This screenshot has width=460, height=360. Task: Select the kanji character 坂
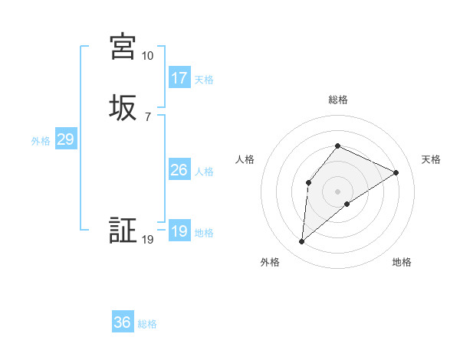pos(123,106)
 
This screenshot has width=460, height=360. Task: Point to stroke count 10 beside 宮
pos(147,56)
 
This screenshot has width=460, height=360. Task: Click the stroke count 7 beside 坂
pos(147,116)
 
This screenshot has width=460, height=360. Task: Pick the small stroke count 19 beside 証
pos(148,241)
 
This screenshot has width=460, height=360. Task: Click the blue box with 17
pos(179,78)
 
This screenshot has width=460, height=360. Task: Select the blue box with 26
pos(179,170)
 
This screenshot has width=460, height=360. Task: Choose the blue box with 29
pos(65,139)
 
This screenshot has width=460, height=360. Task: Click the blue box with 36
pos(123,322)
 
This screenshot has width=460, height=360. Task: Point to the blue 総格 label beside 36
pos(147,324)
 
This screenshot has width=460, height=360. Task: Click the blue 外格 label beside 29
pos(41,141)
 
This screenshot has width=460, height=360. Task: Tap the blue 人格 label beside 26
pos(204,172)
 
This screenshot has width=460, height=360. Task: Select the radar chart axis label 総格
pos(337,100)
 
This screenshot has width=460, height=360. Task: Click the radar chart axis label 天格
pos(431,159)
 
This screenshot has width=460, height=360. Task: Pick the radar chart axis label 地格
pos(402,263)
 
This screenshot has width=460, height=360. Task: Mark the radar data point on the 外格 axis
pos(302,242)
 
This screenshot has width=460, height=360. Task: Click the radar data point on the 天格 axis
pos(396,172)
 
